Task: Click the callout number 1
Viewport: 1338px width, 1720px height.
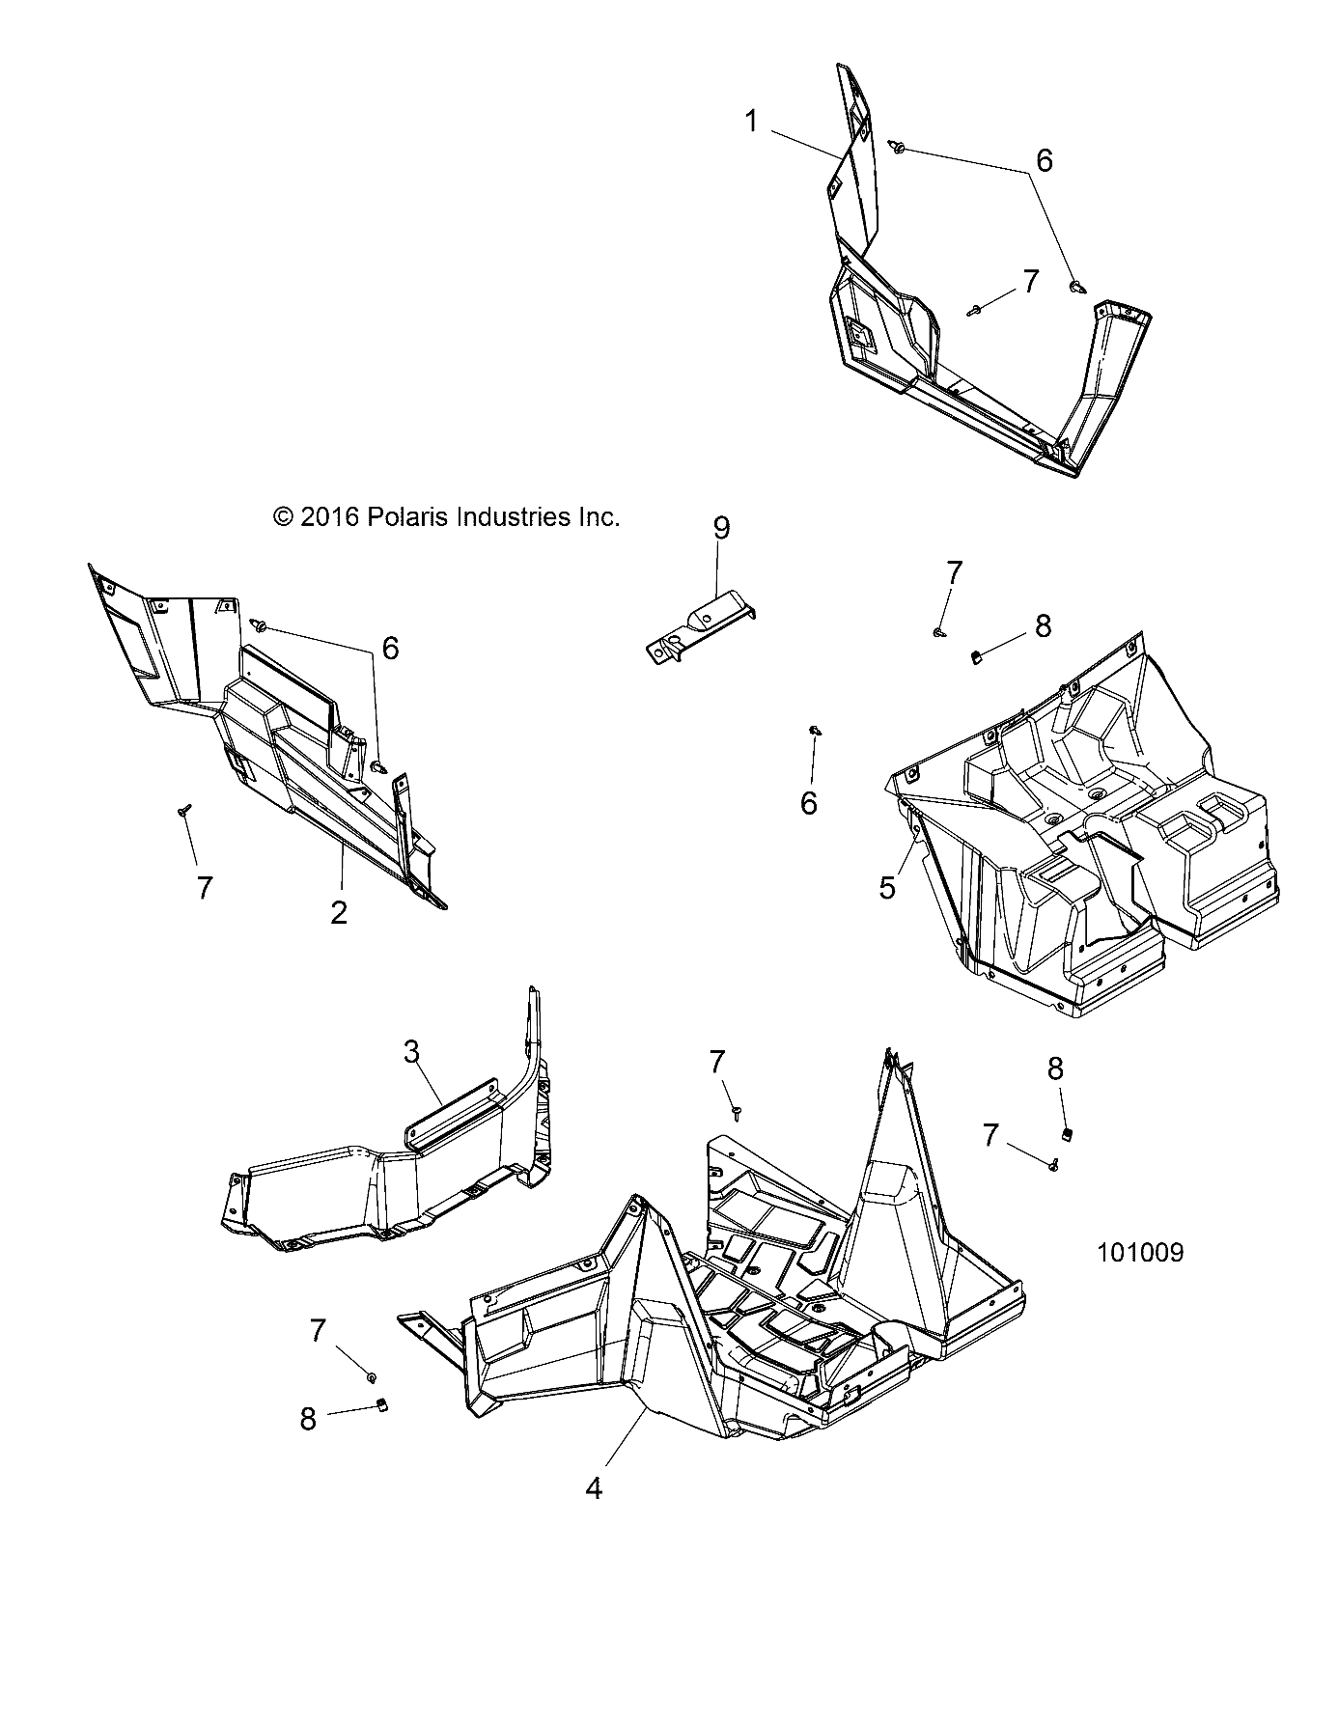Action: click(751, 123)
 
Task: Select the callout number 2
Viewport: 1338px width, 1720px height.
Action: click(339, 912)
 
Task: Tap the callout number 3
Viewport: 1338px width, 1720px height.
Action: click(411, 1051)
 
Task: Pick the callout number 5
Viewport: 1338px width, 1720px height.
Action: click(887, 886)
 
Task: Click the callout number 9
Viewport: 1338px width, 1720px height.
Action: click(722, 528)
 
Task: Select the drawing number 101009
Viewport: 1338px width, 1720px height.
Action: click(1140, 1253)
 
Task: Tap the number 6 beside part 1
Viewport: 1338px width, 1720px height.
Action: click(1044, 160)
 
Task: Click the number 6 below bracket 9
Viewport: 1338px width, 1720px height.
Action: click(809, 802)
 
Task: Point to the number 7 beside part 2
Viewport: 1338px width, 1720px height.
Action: click(204, 887)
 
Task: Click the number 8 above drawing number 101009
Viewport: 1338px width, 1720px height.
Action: click(1055, 1068)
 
